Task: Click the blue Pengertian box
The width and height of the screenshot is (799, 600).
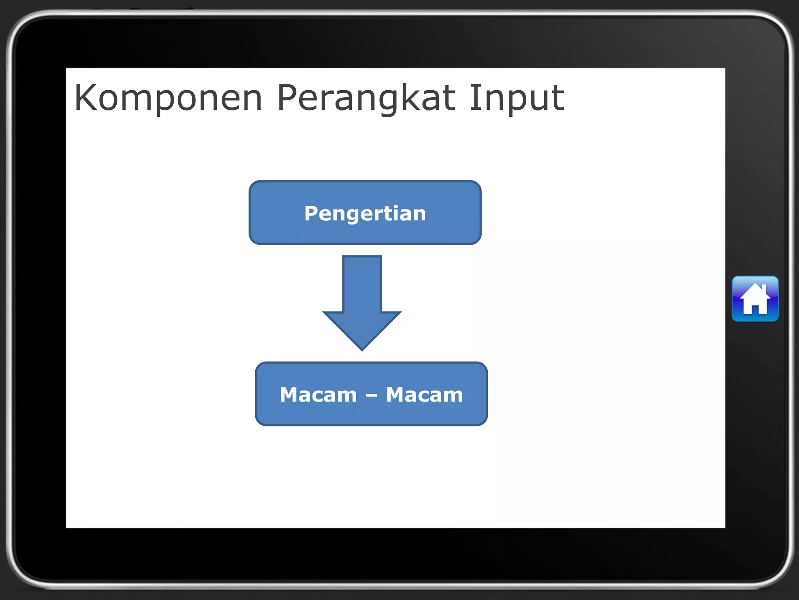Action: click(x=365, y=212)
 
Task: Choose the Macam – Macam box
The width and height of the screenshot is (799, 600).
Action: click(x=371, y=394)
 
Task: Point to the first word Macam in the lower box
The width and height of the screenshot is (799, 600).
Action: click(x=318, y=395)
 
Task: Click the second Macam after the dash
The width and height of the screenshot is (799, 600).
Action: click(x=424, y=395)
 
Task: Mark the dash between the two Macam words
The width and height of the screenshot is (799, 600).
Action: click(x=371, y=396)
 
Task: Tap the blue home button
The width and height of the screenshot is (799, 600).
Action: click(x=755, y=299)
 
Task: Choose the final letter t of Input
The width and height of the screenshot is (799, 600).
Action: click(x=558, y=98)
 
